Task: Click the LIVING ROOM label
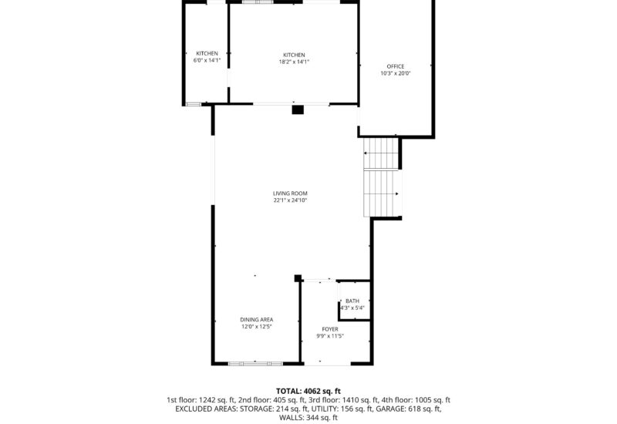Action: pos(290,193)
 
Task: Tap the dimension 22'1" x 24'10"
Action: pos(290,200)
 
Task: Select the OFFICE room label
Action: pos(395,67)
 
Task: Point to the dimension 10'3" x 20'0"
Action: pos(395,74)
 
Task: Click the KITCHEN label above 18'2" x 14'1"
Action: pos(294,55)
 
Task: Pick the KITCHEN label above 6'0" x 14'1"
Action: pos(207,53)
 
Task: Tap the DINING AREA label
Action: pos(256,319)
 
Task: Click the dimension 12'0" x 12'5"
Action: pos(256,326)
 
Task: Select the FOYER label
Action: pos(330,329)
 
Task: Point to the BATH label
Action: pos(352,301)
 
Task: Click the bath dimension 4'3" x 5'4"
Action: pos(352,308)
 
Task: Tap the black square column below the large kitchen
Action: pos(298,109)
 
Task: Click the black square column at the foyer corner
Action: pos(298,278)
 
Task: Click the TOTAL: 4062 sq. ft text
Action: pos(308,391)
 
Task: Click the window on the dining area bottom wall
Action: pos(256,362)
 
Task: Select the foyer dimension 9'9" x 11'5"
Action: pos(330,336)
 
